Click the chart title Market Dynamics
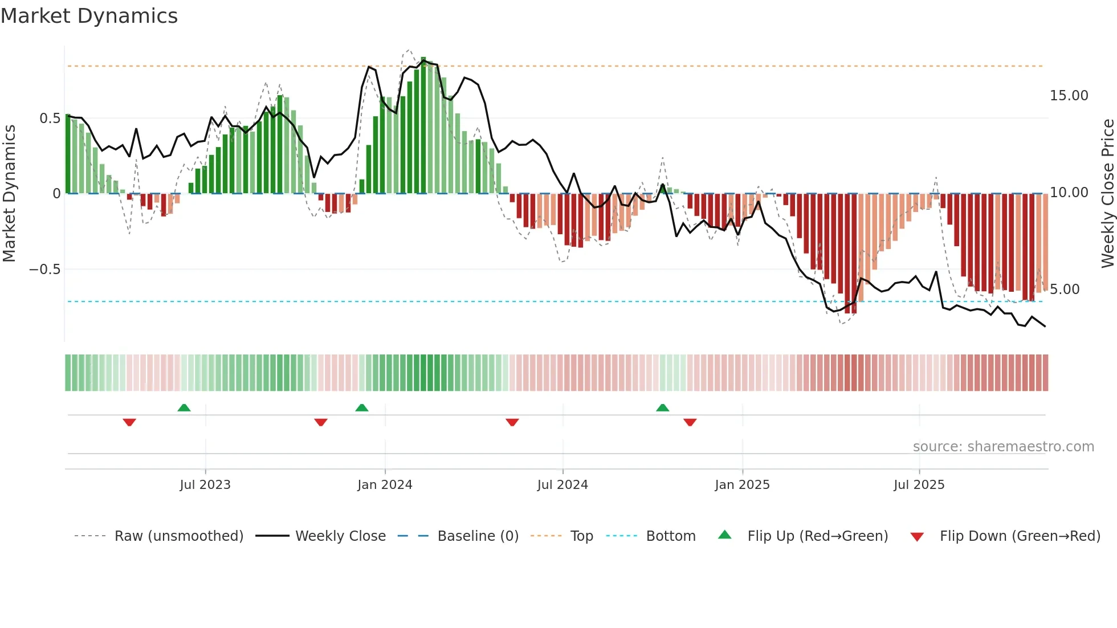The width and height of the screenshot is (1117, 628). (89, 16)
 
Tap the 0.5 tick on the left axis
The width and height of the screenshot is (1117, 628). (50, 119)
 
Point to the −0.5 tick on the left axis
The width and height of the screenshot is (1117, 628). (45, 270)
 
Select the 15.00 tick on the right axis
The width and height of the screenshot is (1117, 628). (1069, 96)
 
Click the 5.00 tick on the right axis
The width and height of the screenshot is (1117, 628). (1065, 289)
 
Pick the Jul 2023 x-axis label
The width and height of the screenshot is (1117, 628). (205, 485)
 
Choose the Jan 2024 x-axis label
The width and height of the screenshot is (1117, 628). (385, 485)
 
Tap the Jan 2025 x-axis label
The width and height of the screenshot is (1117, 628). (742, 485)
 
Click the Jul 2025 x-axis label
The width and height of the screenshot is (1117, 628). (919, 485)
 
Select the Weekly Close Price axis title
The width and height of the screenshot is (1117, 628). (1107, 193)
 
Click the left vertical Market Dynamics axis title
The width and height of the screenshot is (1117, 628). (10, 193)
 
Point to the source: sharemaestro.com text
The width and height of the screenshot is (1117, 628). (1003, 447)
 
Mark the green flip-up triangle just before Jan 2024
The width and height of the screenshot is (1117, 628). (362, 408)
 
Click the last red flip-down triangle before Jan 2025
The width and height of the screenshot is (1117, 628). (690, 422)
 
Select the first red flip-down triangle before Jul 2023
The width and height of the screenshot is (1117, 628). (129, 422)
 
